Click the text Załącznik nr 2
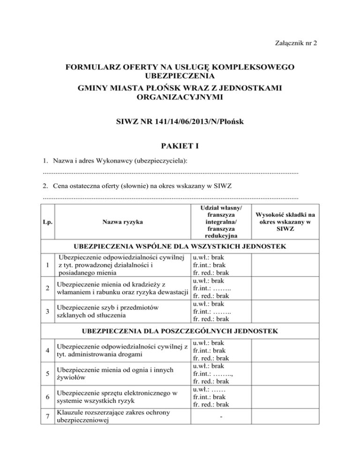295,43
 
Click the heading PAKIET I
180,146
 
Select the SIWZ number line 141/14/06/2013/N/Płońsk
180,121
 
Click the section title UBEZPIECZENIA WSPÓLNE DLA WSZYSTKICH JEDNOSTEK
180,246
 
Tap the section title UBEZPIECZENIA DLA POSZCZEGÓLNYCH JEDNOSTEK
180,331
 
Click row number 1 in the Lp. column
48,267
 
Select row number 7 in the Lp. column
48,416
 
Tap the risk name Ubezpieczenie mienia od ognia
112,373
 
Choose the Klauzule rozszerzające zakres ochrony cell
112,416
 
